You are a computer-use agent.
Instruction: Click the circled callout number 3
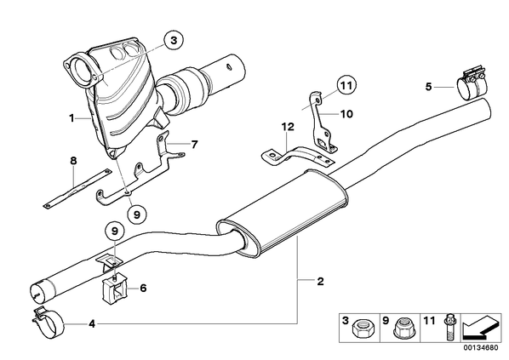(x=174, y=41)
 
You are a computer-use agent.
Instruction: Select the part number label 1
(x=71, y=118)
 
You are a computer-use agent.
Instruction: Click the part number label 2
(x=320, y=281)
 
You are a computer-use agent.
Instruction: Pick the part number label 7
(x=194, y=144)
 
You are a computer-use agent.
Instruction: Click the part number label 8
(x=74, y=161)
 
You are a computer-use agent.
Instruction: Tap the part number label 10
(x=346, y=114)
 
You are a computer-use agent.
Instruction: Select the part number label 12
(x=288, y=127)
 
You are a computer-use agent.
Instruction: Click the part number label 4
(x=92, y=323)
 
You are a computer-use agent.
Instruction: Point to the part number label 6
(x=142, y=288)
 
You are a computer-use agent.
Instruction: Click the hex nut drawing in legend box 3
(x=360, y=329)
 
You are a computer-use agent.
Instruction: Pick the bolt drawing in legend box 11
(x=449, y=327)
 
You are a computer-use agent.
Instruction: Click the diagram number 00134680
(x=482, y=348)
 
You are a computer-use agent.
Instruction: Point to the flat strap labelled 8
(x=77, y=189)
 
